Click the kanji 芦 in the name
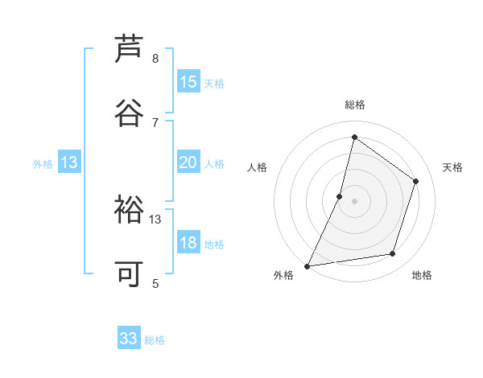pos(129,49)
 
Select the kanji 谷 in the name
pos(129,113)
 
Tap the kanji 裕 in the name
pos(129,210)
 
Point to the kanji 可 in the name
pos(129,274)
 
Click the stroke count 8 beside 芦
pos(155,59)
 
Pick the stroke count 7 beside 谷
pos(155,122)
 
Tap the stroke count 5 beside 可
pos(155,283)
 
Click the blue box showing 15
pos(188,82)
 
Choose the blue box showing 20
pos(188,162)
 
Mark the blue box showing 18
pos(188,243)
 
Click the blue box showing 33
pos(129,339)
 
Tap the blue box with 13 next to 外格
pos(69,162)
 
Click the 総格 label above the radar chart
pos(354,105)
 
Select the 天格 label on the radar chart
pos(453,167)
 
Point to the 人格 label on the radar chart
pos(257,167)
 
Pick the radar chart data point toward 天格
pos(416,181)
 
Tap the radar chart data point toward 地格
pos(393,254)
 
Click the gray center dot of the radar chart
pos(354,201)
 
